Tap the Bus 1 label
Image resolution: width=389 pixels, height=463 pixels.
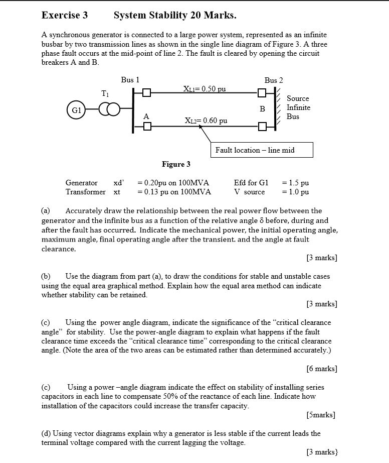tap(130, 79)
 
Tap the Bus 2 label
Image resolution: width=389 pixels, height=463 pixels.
tap(274, 80)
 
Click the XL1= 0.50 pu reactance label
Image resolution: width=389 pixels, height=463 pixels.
tap(205, 89)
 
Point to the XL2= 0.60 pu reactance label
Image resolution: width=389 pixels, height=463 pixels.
tap(206, 121)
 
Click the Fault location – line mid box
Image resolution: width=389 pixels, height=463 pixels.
tap(261, 150)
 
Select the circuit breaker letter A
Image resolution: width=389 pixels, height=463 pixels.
tap(146, 116)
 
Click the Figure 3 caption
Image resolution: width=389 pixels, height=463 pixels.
tap(176, 164)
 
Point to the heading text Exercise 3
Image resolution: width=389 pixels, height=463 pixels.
tap(65, 15)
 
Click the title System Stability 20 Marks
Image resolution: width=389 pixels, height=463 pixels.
tap(175, 15)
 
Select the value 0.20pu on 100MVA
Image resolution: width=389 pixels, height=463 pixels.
tap(173, 183)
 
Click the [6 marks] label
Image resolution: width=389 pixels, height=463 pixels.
tap(321, 369)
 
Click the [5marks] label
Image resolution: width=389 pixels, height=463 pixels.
tap(320, 415)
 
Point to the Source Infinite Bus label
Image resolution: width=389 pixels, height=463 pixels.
tap(298, 107)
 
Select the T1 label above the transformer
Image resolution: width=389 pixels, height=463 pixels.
tap(104, 93)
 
